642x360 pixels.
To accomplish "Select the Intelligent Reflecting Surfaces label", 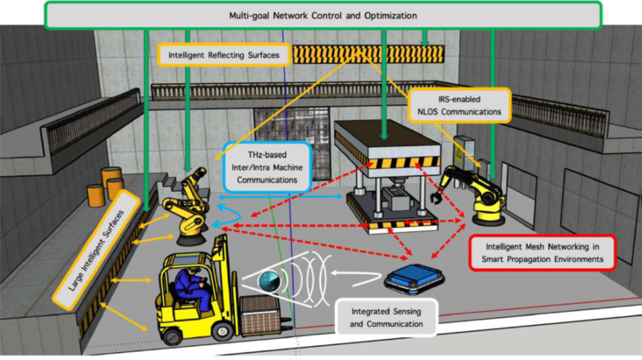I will click(225, 55).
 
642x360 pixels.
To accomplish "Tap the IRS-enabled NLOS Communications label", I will click(460, 105).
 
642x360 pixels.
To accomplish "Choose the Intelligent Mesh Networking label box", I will click(543, 251).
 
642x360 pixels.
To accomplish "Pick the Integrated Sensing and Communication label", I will click(387, 318).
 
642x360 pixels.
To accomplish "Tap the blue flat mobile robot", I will click(413, 277).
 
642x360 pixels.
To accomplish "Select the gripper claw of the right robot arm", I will click(434, 199).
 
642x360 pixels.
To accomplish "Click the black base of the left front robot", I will click(190, 236).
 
